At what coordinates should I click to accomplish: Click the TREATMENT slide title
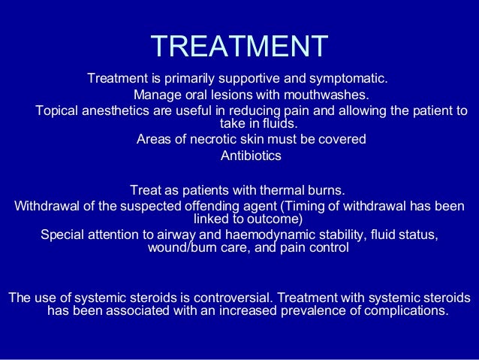pyautogui.click(x=239, y=46)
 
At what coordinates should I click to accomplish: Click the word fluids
pyautogui.click(x=278, y=124)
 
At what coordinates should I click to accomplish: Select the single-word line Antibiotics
pyautogui.click(x=251, y=156)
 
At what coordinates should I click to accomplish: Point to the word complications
pyautogui.click(x=406, y=311)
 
